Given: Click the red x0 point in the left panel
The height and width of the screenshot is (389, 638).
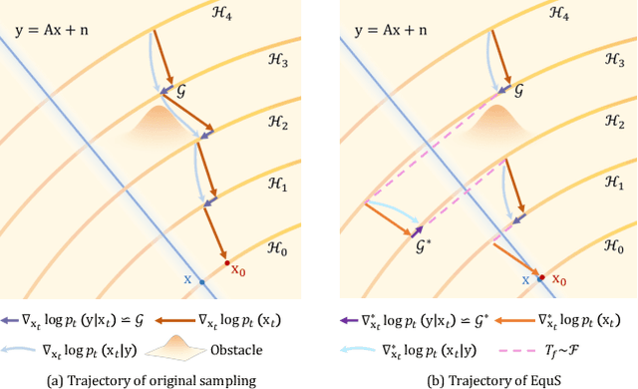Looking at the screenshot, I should (x=227, y=262).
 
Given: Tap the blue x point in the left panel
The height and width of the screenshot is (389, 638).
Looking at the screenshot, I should (x=202, y=283).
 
